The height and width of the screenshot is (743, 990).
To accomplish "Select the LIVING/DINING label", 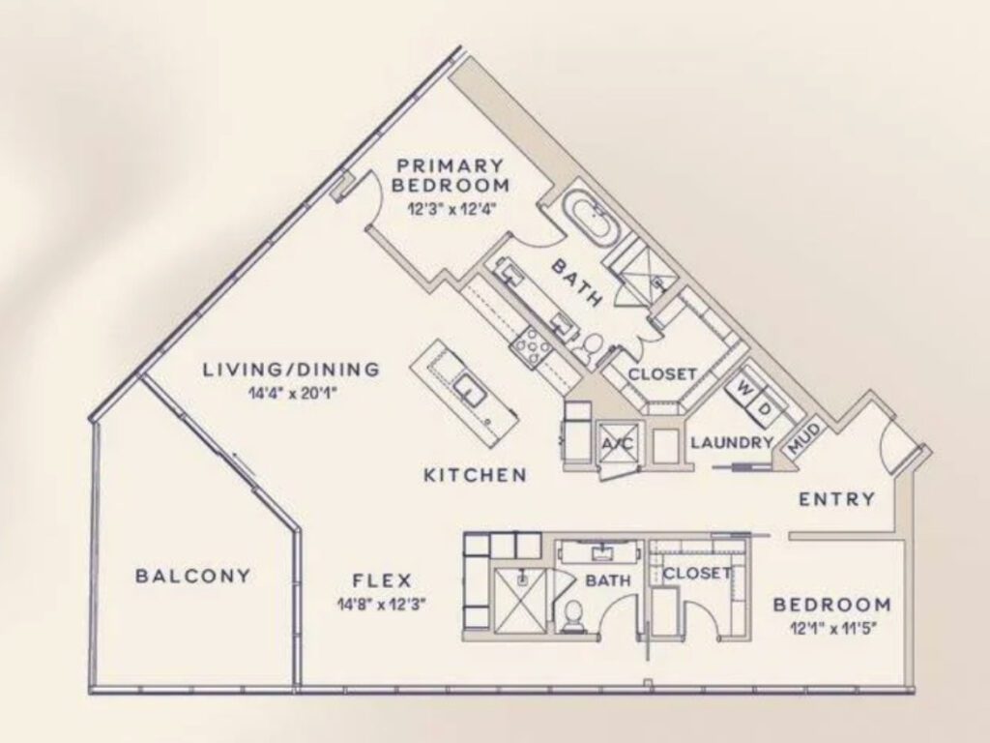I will pos(290,369).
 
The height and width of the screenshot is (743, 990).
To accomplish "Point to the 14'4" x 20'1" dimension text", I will pos(290,393).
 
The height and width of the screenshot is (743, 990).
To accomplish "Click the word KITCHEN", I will pos(476,475).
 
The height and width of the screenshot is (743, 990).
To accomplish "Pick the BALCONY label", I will pos(192,576).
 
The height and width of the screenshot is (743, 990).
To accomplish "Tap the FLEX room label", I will pos(382,581).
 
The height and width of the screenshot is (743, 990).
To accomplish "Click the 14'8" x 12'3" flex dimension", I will pos(382,606).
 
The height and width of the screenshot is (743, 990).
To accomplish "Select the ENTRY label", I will pos(837,500).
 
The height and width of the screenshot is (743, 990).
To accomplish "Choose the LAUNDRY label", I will pos(732,443).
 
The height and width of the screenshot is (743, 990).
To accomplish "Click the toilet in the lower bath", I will pos(572,616).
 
